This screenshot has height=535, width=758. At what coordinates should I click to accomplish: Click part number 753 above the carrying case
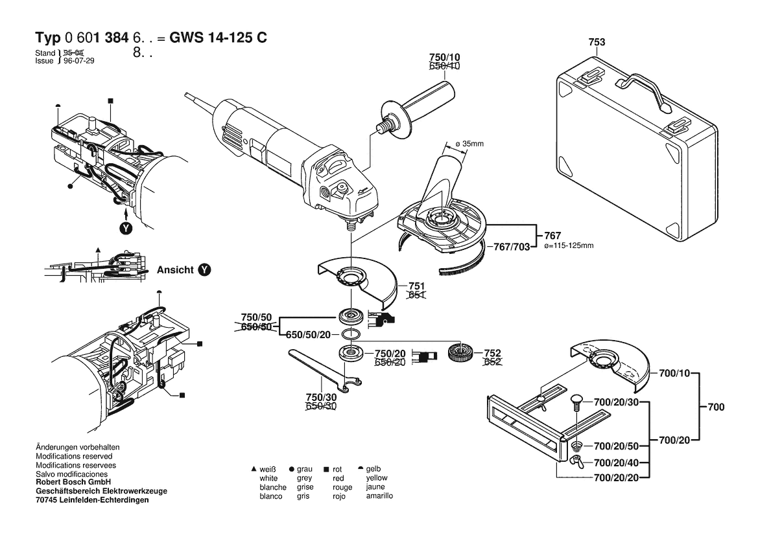597,42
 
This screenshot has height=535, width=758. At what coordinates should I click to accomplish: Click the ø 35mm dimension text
470,143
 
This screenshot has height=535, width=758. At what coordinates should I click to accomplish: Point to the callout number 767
552,236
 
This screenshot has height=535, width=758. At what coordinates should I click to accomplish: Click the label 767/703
512,247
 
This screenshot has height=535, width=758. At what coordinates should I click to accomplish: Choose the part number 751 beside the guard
416,286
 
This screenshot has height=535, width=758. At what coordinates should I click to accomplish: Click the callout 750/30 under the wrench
320,396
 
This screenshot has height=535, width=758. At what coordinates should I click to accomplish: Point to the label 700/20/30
617,403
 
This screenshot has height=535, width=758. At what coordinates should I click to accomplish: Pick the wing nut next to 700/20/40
576,461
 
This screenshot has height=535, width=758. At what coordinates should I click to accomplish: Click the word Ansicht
175,269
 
